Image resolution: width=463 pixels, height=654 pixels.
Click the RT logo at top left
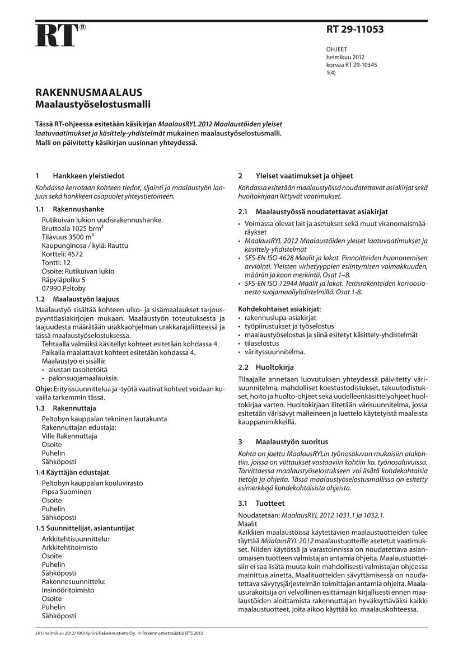[x=56, y=35]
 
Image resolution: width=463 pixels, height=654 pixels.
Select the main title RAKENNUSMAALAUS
[x=89, y=93]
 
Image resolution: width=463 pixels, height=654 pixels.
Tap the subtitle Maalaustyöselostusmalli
[x=93, y=104]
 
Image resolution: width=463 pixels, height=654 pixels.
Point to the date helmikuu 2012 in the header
[x=345, y=57]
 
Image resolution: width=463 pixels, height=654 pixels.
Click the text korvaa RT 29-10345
[x=352, y=65]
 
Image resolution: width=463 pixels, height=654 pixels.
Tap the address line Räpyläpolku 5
[x=64, y=280]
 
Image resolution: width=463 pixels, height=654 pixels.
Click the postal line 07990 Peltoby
[x=64, y=288]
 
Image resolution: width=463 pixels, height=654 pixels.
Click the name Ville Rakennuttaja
[x=69, y=436]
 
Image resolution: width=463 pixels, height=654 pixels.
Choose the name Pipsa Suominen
[x=67, y=492]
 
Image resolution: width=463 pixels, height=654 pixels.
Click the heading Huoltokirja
[x=274, y=367]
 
